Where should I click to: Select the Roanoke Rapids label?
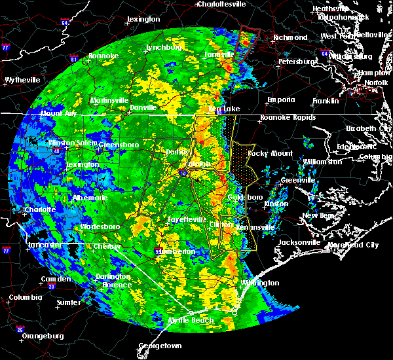(288, 118)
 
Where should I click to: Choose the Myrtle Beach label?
(193, 320)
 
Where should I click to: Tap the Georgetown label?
(160, 345)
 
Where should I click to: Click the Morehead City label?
(353, 245)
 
